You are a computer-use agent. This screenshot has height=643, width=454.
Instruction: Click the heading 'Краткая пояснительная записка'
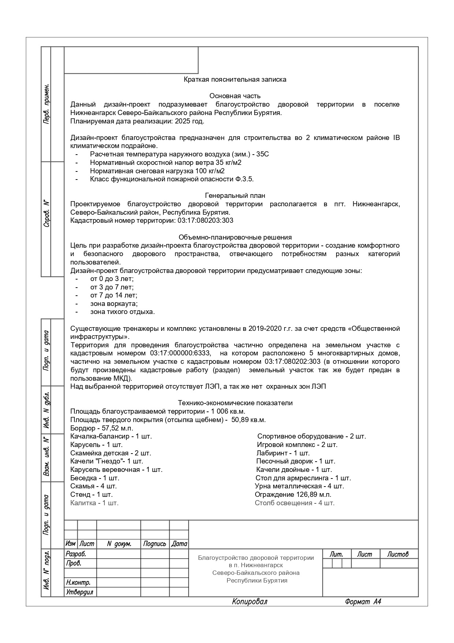[235, 80]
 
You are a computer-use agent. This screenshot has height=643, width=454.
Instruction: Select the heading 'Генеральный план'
[235, 196]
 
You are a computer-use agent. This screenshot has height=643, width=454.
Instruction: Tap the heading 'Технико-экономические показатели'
[235, 403]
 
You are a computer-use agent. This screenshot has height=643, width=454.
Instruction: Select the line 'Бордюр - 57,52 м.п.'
[102, 428]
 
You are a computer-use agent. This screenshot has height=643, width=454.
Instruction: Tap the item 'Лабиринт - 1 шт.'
[283, 453]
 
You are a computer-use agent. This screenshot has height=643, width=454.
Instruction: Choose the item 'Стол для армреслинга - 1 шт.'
[303, 478]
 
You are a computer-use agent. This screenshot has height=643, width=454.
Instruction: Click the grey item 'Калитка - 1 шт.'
[94, 503]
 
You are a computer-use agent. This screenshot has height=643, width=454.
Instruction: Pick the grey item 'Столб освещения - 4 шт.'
[294, 503]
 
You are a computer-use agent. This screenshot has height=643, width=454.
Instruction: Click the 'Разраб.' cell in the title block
[76, 554]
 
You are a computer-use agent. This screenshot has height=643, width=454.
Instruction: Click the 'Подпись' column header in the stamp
[155, 544]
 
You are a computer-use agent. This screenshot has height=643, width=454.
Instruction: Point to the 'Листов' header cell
[398, 554]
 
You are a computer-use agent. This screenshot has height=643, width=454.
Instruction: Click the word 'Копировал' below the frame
[250, 602]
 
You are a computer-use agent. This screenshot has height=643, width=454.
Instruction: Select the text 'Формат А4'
[363, 602]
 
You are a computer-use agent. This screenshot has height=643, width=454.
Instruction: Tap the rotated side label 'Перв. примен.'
[46, 104]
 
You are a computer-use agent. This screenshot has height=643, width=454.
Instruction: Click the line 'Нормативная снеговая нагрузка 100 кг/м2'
[157, 171]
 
